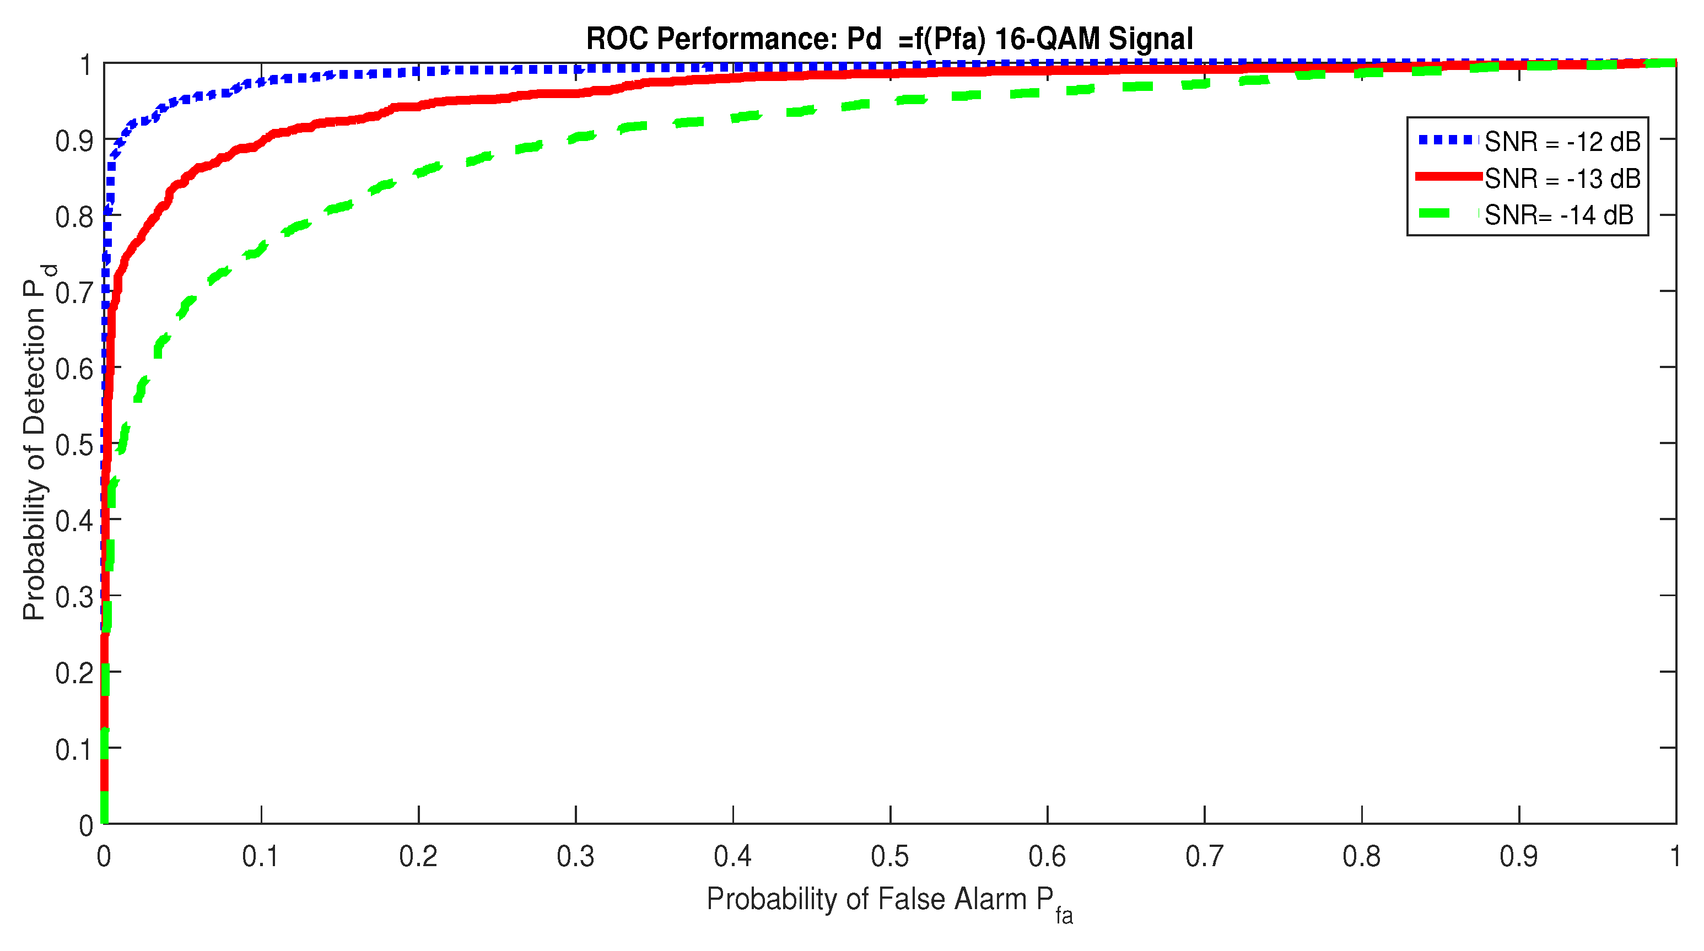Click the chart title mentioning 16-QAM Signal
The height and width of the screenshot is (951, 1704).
(889, 39)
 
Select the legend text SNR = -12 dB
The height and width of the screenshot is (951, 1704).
(1562, 142)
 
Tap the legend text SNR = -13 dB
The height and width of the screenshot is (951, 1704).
(1562, 179)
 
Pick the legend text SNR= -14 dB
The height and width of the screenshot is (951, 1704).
(1559, 215)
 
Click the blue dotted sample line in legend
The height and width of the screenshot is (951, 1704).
(1447, 139)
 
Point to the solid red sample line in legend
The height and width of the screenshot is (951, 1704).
(1447, 176)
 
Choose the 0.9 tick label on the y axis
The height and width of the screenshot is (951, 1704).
(73, 141)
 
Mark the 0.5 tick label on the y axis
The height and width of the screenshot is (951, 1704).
(73, 445)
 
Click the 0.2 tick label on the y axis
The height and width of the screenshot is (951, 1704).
(73, 673)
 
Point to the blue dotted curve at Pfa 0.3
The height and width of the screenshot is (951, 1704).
(575, 68)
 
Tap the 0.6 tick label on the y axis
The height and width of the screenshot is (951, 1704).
(73, 369)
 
